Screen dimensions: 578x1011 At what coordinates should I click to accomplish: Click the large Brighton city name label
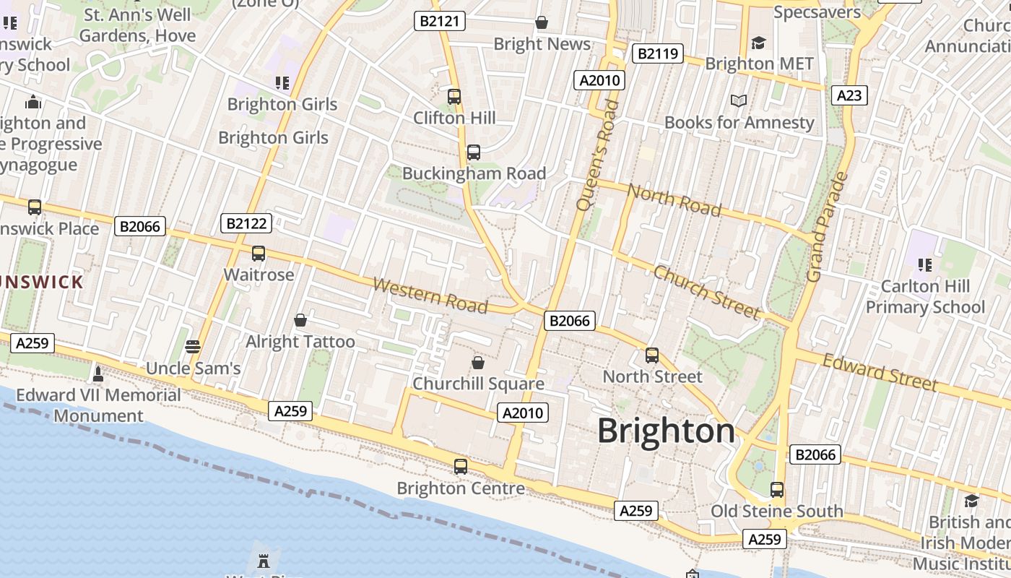[666, 431]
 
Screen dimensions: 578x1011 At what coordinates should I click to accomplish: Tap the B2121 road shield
[440, 21]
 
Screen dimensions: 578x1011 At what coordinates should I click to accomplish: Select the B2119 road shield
[657, 53]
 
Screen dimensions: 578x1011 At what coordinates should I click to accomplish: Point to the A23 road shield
[849, 95]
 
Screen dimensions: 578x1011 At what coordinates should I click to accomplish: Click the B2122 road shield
[246, 223]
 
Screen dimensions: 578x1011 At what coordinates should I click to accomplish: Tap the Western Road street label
[430, 296]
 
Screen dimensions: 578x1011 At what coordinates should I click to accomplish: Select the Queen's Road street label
[598, 155]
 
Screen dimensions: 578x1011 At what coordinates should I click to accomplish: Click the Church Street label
[706, 292]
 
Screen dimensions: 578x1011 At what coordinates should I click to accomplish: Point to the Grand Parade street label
[826, 227]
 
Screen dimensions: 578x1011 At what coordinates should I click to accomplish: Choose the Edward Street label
[880, 372]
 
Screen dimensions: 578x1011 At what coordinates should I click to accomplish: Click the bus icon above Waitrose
[259, 254]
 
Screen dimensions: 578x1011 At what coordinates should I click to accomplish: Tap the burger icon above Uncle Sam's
[192, 346]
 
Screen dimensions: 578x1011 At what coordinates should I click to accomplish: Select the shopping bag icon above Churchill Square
[477, 362]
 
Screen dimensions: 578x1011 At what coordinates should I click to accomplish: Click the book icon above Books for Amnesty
[738, 100]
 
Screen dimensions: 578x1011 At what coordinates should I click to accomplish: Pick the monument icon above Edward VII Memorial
[98, 374]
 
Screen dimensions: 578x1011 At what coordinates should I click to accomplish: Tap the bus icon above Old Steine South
[776, 489]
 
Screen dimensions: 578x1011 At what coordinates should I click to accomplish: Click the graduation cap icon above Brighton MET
[758, 43]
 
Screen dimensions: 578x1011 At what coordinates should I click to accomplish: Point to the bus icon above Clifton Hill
[454, 96]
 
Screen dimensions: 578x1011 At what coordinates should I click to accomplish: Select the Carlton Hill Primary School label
[925, 296]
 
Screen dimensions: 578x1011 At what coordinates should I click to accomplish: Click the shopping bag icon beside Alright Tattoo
[300, 319]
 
